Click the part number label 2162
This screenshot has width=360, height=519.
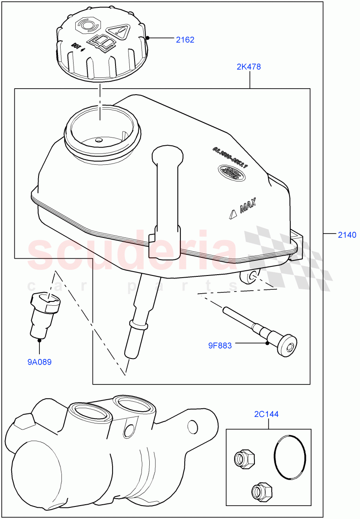(x=185, y=40)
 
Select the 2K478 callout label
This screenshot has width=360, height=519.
(x=248, y=67)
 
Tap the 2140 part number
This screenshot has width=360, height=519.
(x=347, y=235)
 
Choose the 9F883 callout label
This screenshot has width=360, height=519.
(x=220, y=346)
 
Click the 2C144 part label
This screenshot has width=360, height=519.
(x=267, y=414)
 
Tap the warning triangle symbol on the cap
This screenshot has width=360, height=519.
(x=119, y=31)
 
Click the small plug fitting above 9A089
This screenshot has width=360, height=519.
(x=44, y=314)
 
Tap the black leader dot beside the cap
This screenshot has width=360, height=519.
(x=148, y=38)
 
